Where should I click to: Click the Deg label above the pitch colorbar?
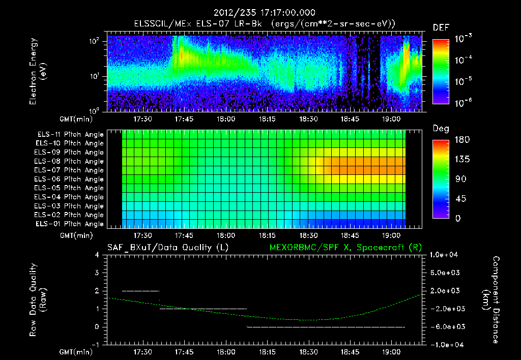[441, 128]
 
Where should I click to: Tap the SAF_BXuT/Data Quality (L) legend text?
[167, 247]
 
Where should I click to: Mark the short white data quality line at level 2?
[141, 291]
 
